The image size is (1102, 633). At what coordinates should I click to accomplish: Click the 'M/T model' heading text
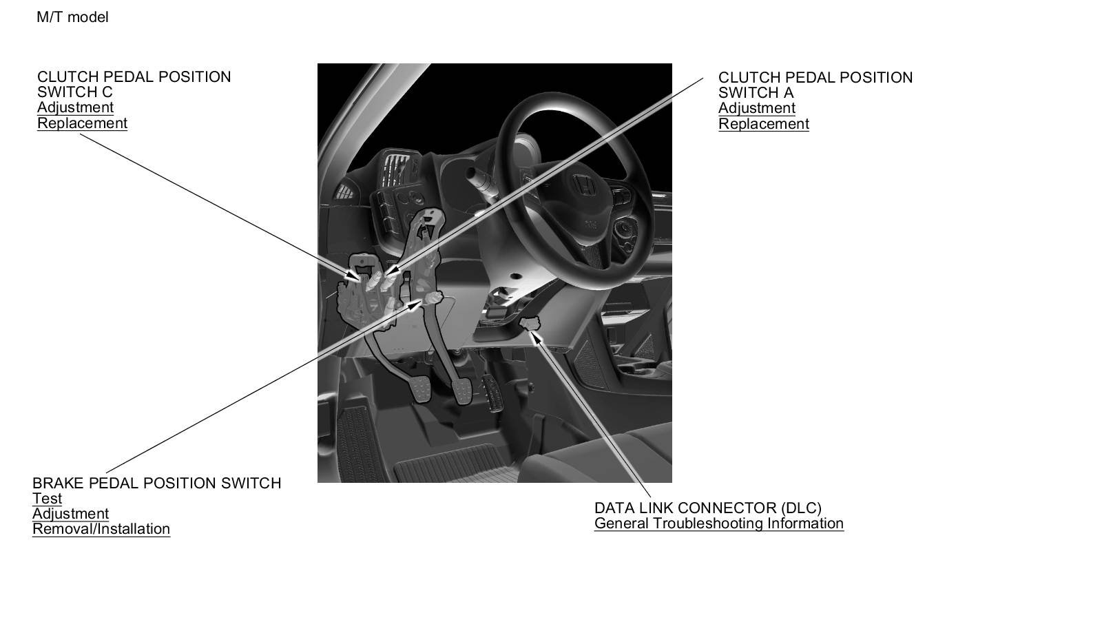pos(72,17)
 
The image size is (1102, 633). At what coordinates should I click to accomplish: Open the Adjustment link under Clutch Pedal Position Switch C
pos(75,107)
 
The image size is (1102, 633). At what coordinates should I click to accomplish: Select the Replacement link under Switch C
pos(82,123)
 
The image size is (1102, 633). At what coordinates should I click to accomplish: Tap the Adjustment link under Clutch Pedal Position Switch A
pos(757,108)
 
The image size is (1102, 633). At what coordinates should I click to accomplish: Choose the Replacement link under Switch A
pos(764,124)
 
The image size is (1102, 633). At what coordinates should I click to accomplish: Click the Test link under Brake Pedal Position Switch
pos(48,498)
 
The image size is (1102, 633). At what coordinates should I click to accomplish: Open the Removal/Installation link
pos(101,529)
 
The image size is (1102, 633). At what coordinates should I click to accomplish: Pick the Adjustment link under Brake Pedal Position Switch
pos(70,513)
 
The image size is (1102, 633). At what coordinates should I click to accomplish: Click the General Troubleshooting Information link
pos(719,523)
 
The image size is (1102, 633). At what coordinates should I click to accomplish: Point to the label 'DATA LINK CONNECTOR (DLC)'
pos(708,508)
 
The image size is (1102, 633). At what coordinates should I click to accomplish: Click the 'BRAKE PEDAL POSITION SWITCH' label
pos(157,483)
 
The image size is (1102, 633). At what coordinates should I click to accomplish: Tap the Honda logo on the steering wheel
pos(584,186)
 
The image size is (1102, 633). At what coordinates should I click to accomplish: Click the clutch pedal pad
pos(421,390)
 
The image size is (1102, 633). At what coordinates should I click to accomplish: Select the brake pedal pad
pos(462,392)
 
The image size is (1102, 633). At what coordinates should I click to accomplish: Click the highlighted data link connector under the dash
pos(530,323)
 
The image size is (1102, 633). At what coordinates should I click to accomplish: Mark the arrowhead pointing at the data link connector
pos(537,338)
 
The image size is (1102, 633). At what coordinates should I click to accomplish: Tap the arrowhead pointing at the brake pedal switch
pos(414,305)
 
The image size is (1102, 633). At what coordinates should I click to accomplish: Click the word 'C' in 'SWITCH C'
pos(107,92)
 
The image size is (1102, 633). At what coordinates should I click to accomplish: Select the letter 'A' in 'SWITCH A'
pos(789,93)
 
